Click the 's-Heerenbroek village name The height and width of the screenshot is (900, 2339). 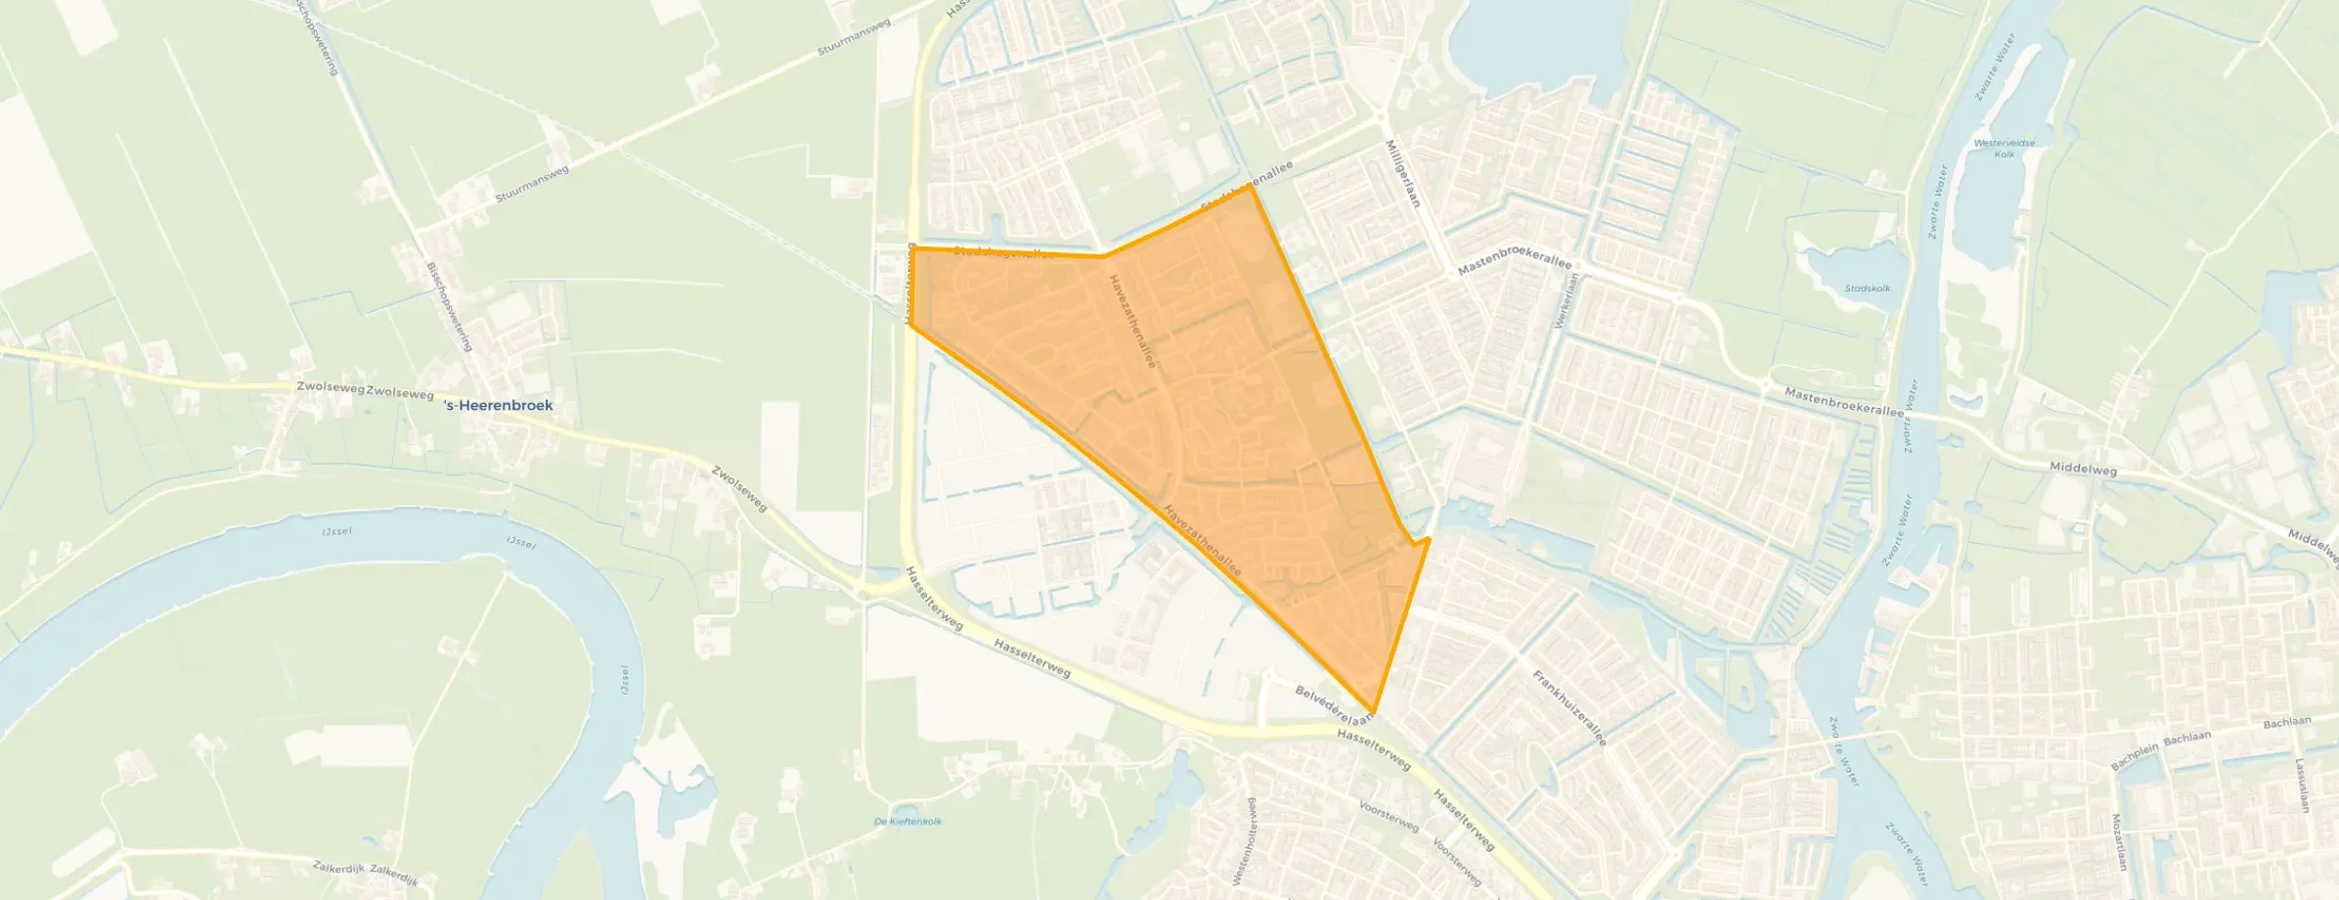point(498,405)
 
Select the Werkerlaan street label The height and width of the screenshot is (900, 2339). point(1571,299)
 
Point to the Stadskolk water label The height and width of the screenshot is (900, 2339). point(1867,289)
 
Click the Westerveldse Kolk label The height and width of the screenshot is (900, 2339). point(2005,149)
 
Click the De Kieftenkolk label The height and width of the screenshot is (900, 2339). point(908,822)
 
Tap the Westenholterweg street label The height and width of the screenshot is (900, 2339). point(1251,840)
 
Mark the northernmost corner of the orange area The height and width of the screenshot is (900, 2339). point(1250,186)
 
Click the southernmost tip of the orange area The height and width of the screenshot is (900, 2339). point(1374,712)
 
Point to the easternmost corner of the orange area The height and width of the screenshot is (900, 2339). point(1430,538)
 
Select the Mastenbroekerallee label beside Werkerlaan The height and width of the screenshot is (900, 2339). point(1515,266)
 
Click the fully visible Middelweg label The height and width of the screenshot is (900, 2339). point(2084,470)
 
